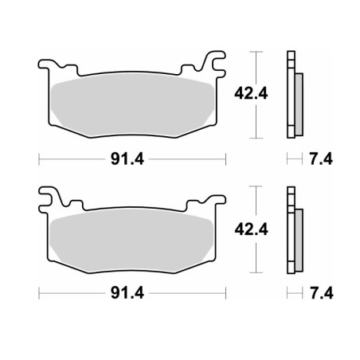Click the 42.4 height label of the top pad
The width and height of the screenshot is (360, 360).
pos(251,94)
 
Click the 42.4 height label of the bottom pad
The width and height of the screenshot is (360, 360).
pos(251,229)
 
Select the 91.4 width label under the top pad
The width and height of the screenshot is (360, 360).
pos(127,159)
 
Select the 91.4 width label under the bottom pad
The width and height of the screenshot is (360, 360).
pos(127,293)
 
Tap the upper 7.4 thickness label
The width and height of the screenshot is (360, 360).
pos(321,159)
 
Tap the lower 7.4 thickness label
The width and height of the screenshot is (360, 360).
pos(322,293)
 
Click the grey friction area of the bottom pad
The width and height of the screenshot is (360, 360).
pos(131,241)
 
